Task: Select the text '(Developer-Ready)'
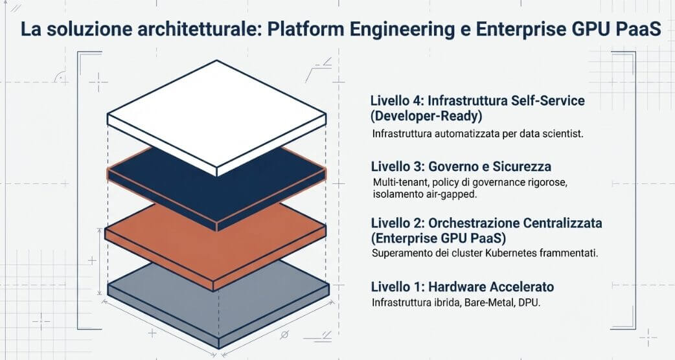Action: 420,117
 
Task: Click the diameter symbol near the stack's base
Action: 283,335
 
